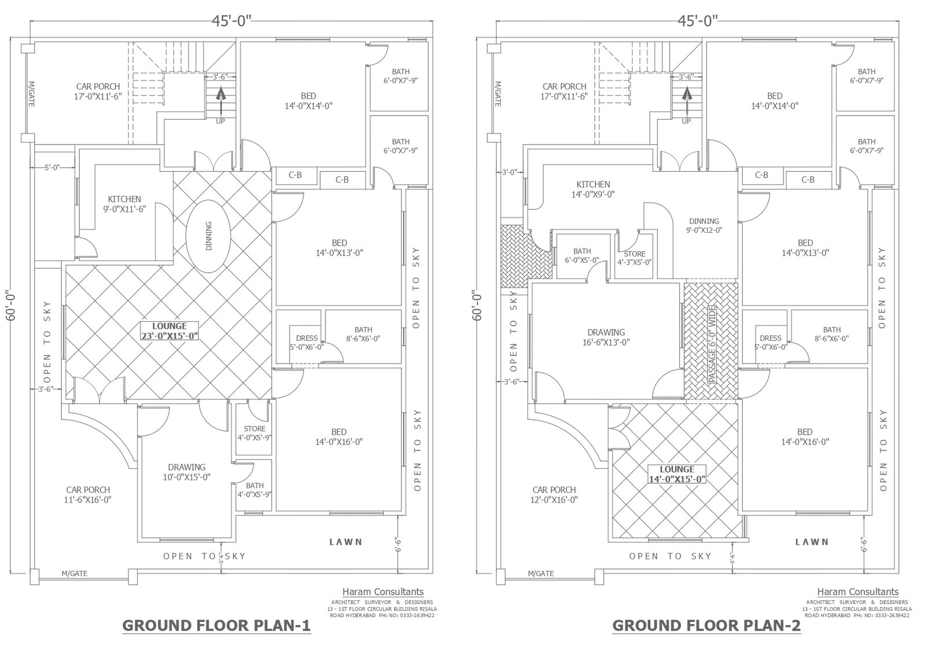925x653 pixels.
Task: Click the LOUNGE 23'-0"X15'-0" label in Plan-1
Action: (170, 331)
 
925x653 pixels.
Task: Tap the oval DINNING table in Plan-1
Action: (209, 236)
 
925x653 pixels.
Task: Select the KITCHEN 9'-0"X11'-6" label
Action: (124, 204)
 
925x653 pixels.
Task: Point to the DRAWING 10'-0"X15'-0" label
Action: (186, 472)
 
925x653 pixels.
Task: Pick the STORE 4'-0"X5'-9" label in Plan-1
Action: (254, 433)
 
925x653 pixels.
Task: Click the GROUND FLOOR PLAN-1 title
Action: (217, 626)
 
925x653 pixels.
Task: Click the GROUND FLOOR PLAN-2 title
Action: (706, 626)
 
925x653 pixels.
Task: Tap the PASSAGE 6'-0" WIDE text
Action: (712, 344)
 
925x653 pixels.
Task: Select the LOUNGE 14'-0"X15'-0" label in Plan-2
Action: (676, 474)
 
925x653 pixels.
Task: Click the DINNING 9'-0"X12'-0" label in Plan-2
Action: (704, 225)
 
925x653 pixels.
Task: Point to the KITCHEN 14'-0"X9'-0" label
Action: (593, 190)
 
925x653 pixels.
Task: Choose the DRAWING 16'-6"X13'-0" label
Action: (606, 337)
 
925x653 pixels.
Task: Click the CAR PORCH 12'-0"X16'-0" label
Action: (554, 495)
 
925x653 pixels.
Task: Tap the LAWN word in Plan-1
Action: (346, 542)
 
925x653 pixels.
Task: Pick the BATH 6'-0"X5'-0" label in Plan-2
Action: (582, 255)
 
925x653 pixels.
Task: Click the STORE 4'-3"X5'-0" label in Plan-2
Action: (634, 257)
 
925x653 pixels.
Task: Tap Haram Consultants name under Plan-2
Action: (857, 592)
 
